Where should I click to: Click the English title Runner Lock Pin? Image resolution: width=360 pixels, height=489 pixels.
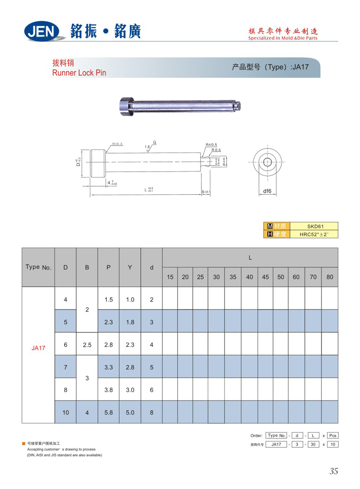click(79, 73)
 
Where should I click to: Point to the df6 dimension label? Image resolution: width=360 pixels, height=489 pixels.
click(267, 191)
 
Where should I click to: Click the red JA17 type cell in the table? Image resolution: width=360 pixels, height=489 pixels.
click(38, 348)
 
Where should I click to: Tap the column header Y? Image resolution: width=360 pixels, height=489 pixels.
click(130, 267)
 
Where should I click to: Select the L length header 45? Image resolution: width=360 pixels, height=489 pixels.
click(265, 277)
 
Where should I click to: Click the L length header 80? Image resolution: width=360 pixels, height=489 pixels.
click(330, 277)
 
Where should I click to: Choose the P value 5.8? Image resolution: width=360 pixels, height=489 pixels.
click(108, 412)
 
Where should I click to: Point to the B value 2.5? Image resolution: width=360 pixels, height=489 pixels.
click(87, 345)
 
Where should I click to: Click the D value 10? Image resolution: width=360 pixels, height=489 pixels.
click(65, 412)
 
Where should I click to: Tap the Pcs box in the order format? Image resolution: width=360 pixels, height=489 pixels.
click(332, 435)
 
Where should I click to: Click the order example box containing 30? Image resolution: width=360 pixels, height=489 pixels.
click(313, 444)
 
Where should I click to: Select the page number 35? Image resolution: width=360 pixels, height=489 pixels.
click(333, 471)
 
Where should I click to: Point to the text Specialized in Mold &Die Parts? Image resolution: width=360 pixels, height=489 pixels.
click(283, 38)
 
